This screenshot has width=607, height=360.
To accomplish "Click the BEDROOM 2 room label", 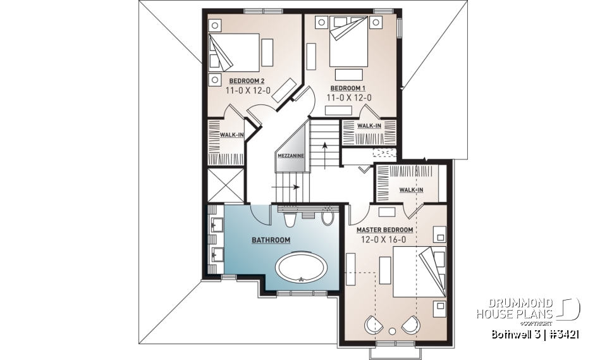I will pos(247,81).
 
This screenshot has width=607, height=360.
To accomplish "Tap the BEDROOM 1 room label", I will pos(348,87).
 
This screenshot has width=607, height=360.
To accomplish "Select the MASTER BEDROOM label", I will pos(385,230).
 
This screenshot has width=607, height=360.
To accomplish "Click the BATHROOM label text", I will pos(271,240).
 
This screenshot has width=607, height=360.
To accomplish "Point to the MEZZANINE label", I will pos(290,155).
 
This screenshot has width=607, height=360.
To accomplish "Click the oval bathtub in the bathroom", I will pos(302,268).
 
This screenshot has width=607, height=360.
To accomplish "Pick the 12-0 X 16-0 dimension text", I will pos(386,240).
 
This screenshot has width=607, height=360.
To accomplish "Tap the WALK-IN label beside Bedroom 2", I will pos(228,135).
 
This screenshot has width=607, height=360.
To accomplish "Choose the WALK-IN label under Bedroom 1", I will pos(369,126).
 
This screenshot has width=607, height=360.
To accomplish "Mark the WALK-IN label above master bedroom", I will pos(411,190).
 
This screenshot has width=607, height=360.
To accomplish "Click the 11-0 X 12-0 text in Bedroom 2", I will pos(248,91).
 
